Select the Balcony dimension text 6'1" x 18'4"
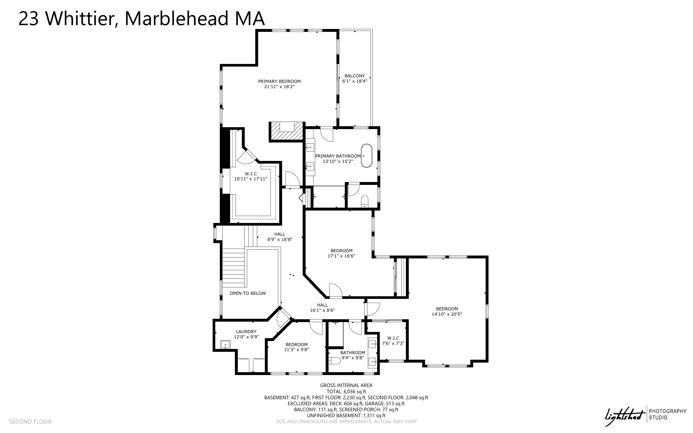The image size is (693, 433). (355, 81)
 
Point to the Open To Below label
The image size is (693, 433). (248, 293)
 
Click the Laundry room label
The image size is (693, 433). (246, 332)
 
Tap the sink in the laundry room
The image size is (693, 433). (225, 345)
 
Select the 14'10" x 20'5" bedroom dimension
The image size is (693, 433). (447, 314)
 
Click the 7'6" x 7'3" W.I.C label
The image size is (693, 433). (393, 338)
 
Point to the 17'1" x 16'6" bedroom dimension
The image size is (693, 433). (341, 256)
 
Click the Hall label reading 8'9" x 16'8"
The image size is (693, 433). (280, 234)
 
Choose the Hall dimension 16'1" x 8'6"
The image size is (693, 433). (322, 310)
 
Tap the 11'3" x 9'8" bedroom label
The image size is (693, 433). (296, 345)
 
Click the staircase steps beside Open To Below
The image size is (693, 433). (234, 268)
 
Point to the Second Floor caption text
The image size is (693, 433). (30, 422)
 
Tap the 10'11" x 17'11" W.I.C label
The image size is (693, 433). (251, 174)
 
